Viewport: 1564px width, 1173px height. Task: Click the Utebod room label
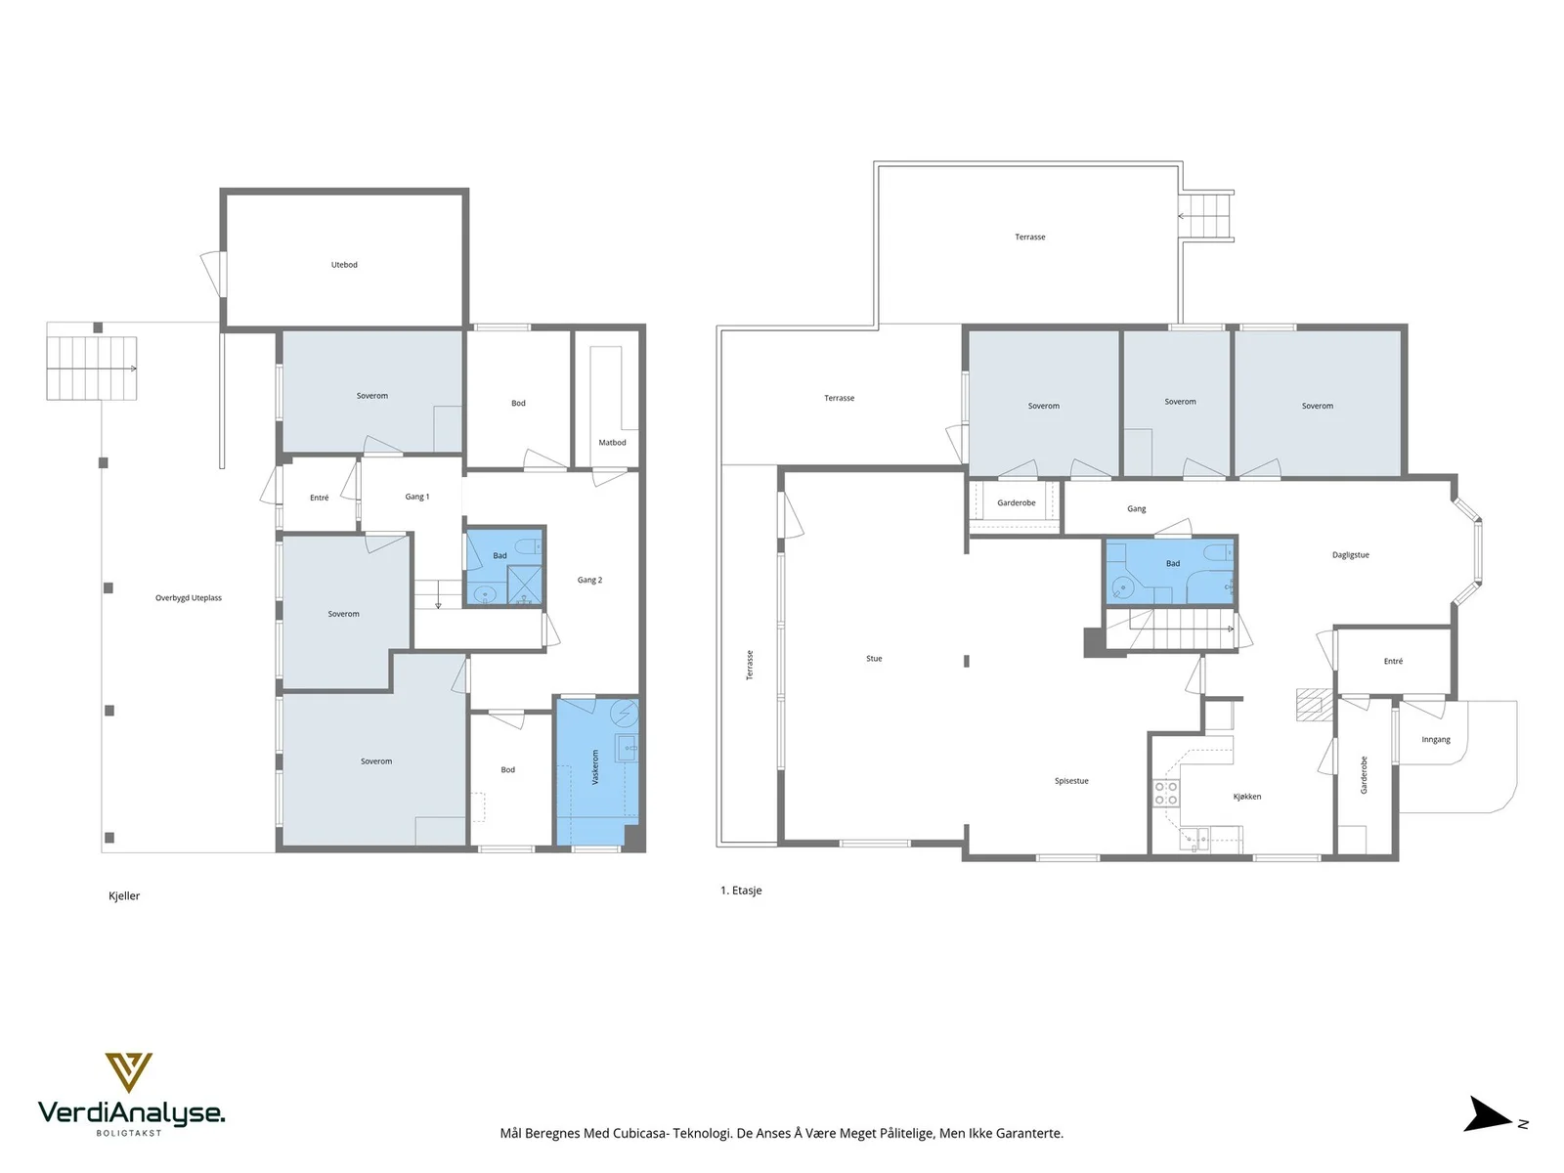tap(344, 265)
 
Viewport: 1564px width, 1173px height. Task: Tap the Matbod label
tap(612, 442)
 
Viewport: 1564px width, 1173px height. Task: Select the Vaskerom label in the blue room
tap(595, 766)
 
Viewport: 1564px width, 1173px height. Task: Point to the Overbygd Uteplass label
tap(189, 598)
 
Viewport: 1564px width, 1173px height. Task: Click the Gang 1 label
tap(417, 498)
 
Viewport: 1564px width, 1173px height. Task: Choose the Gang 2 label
tap(590, 580)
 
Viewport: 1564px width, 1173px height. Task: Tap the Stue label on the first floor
tap(874, 659)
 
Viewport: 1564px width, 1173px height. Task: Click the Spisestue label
tap(1071, 781)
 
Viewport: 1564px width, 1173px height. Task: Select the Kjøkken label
tap(1247, 797)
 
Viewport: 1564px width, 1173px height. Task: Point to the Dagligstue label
tap(1351, 555)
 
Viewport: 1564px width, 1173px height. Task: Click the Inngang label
tap(1436, 739)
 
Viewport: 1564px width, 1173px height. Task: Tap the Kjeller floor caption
tap(124, 896)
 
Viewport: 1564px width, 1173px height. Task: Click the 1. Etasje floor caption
tap(741, 891)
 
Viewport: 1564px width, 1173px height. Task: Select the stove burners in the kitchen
tap(1166, 794)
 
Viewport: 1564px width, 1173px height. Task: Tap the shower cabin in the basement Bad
tap(524, 586)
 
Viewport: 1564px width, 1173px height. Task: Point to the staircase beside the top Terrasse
tap(1206, 216)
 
